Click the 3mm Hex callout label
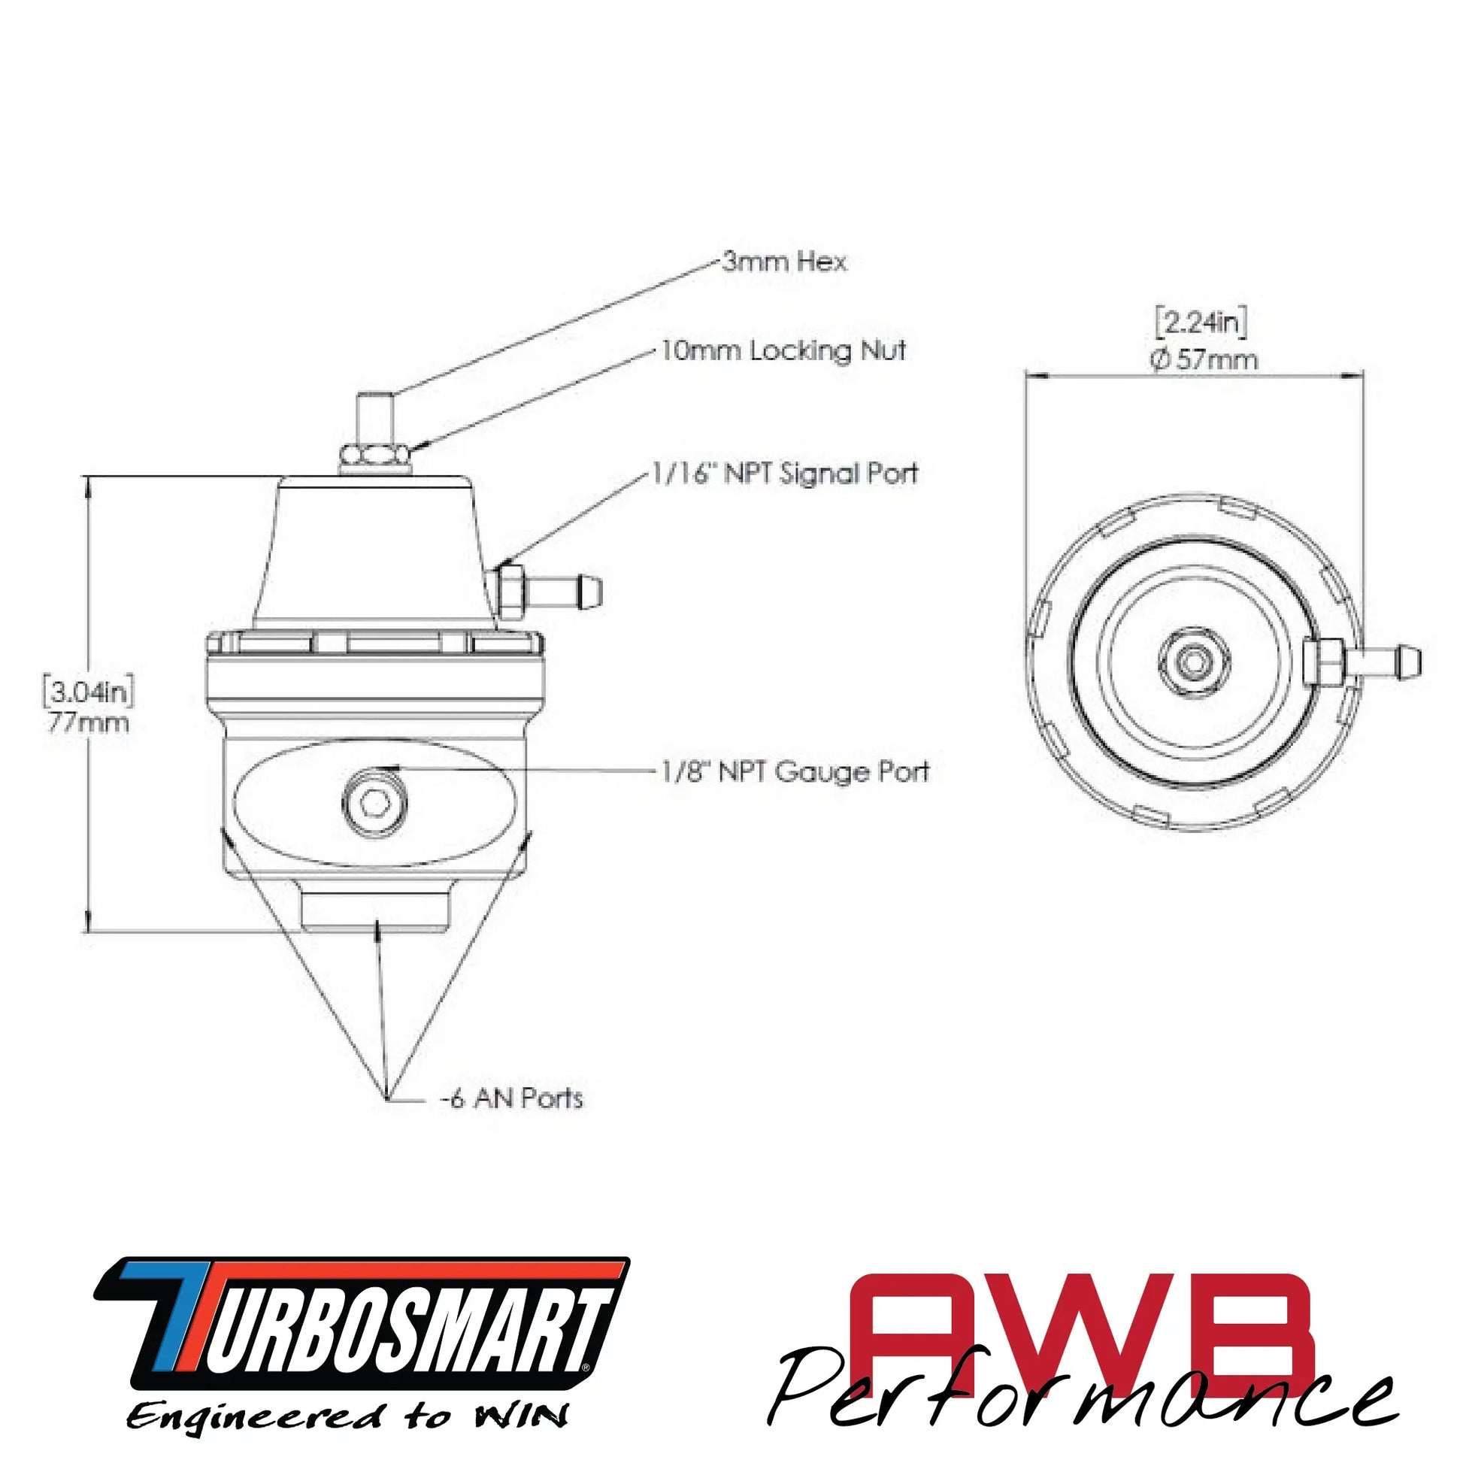point(783,263)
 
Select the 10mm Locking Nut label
point(783,350)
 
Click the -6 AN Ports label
point(512,1099)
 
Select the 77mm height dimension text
point(88,723)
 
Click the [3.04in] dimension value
point(88,692)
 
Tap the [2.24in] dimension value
point(1201,323)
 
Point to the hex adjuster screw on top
point(375,416)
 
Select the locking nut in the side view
point(375,454)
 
